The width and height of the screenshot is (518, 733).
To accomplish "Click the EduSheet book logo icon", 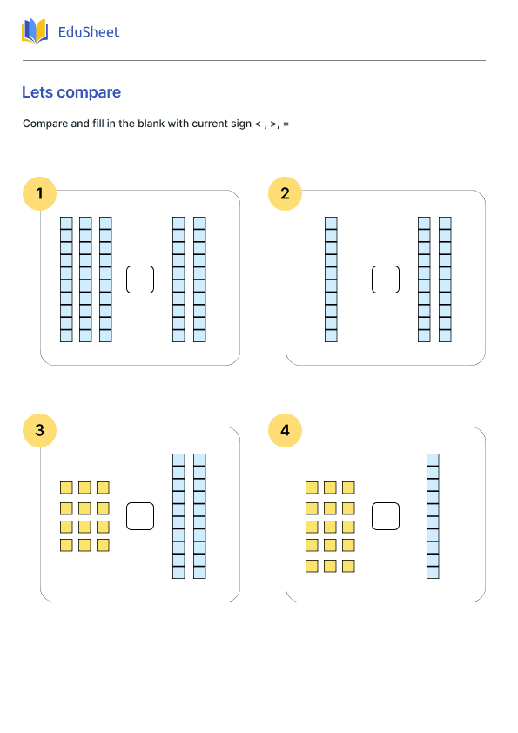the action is pos(35,30).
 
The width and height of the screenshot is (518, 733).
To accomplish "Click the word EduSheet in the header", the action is pos(89,32).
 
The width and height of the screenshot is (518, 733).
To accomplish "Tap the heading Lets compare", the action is pos(71,92).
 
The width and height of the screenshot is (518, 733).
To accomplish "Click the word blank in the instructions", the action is pos(151,124).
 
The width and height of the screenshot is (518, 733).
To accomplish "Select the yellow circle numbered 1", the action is pos(40,193).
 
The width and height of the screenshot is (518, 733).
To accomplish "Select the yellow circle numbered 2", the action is pos(286,193).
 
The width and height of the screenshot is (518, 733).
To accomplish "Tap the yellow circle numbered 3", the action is pos(40,431).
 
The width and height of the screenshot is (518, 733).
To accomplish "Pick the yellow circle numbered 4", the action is pos(286,431).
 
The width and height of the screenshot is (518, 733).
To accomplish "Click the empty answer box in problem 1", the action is pos(140,279).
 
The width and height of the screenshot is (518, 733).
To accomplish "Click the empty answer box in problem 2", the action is pos(386,279).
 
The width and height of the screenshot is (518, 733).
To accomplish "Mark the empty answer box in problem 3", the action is pos(140,516).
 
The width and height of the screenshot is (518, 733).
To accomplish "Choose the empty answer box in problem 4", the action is pos(386,516).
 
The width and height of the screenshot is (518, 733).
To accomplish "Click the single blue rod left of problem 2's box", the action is pos(331,279).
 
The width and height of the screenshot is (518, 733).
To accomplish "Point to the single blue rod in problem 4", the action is pos(433,516).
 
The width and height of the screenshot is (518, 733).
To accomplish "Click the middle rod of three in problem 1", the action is pos(85,279).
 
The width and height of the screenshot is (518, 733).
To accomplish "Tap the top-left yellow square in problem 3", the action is pos(66,488).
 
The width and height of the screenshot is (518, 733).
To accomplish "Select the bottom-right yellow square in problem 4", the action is pos(348,566).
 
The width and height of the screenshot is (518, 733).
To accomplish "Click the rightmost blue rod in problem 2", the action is pos(445,279).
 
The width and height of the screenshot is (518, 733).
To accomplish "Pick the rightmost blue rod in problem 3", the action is pos(199,516).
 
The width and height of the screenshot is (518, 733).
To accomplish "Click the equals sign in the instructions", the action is pos(286,124).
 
